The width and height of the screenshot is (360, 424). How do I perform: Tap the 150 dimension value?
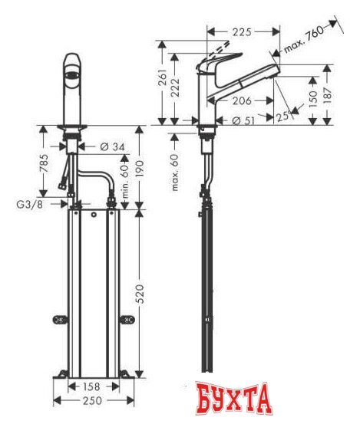tap(314, 97)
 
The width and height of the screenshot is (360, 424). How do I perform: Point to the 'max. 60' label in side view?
tap(175, 173)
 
